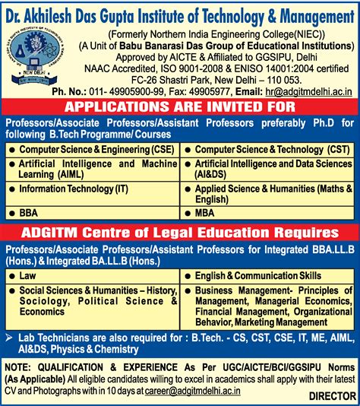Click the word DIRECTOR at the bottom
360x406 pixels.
(x=331, y=395)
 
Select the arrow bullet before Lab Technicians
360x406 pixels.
(x=10, y=335)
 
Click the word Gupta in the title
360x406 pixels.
(x=123, y=11)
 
